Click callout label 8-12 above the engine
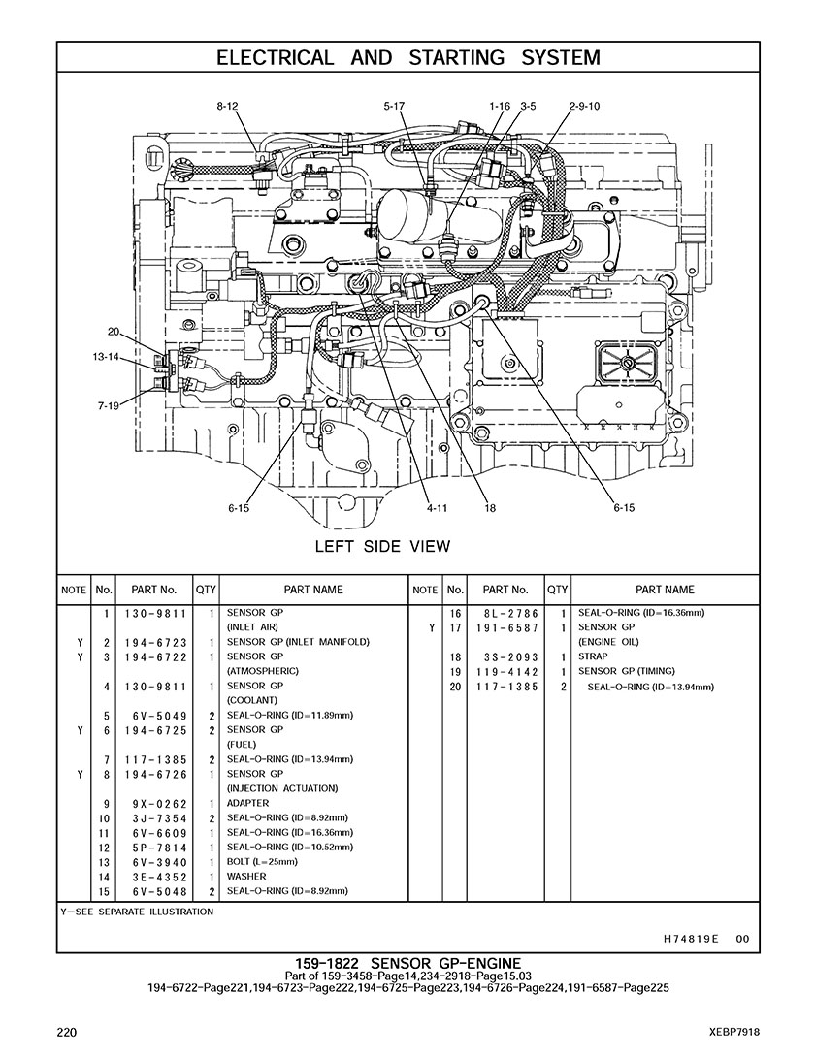227,106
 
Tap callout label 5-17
394,106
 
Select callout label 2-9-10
584,106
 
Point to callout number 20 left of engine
114,332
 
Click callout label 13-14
106,357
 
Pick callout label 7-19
108,405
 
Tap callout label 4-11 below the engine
436,507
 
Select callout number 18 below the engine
490,507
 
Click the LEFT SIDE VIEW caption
382,546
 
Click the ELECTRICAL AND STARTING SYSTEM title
407,58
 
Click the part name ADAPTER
248,803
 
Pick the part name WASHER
246,877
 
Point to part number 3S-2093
505,656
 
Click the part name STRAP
593,656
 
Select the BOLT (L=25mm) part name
262,862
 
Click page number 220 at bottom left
67,1032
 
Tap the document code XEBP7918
734,1032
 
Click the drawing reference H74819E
691,939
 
